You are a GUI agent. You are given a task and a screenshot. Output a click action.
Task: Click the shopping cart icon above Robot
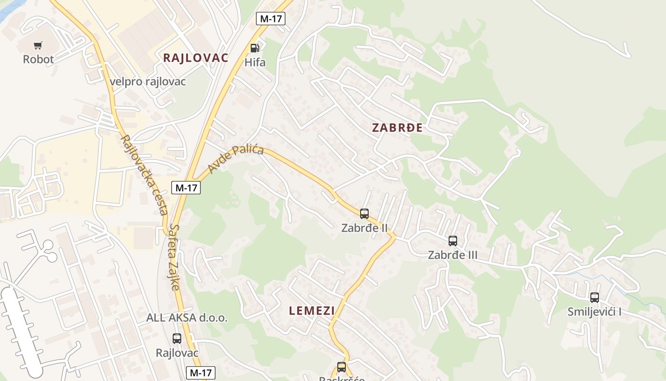[38, 46]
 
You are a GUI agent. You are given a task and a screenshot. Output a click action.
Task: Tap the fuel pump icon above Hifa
[255, 48]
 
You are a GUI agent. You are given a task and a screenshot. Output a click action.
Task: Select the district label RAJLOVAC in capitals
[196, 58]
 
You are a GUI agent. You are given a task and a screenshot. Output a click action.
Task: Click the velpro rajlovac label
[147, 81]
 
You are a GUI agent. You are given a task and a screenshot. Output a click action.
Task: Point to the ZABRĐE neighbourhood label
[397, 128]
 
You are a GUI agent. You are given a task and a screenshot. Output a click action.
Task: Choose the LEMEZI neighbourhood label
[312, 311]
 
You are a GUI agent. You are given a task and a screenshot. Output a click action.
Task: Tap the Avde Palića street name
[235, 160]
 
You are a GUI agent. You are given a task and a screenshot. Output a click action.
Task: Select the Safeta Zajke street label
[174, 257]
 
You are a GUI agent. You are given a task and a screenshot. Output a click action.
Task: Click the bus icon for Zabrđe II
[364, 214]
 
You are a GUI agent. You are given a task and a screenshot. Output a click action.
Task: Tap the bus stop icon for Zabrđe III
[452, 241]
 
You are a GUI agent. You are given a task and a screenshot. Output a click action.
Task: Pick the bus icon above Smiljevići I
[594, 298]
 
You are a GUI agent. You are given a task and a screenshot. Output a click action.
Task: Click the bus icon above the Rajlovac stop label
[177, 339]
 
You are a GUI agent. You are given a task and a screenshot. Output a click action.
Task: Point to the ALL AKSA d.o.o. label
[186, 318]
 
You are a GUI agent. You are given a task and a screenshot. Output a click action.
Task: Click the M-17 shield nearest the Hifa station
[270, 19]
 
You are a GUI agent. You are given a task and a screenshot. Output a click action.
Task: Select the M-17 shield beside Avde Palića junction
[186, 188]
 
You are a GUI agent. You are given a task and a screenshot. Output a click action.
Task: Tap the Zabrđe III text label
[452, 255]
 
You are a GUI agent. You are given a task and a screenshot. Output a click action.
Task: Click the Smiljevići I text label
[595, 312]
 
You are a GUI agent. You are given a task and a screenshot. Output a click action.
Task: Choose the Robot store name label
[39, 60]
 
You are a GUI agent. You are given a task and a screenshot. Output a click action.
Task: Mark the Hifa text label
[255, 62]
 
